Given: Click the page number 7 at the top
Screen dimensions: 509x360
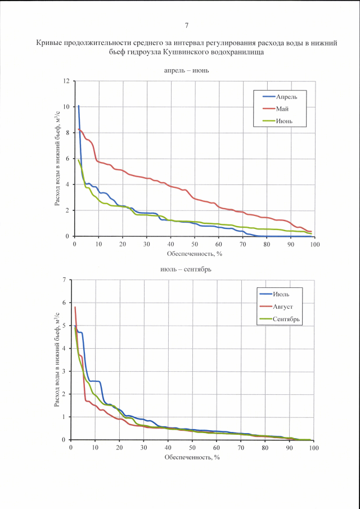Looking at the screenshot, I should coord(186,25).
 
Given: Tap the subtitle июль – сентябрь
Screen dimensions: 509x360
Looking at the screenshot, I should coord(187,270).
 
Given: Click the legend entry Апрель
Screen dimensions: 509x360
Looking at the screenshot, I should coord(287,96).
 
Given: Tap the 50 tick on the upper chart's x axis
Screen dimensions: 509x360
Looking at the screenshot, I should coord(195,244).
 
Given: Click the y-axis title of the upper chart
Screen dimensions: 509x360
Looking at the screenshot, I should coord(58,159).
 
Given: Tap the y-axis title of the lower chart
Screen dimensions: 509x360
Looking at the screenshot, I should coord(57,360).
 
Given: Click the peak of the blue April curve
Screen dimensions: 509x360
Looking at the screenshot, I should coord(79,106).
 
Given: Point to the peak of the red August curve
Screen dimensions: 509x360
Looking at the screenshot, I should coord(75,307).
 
